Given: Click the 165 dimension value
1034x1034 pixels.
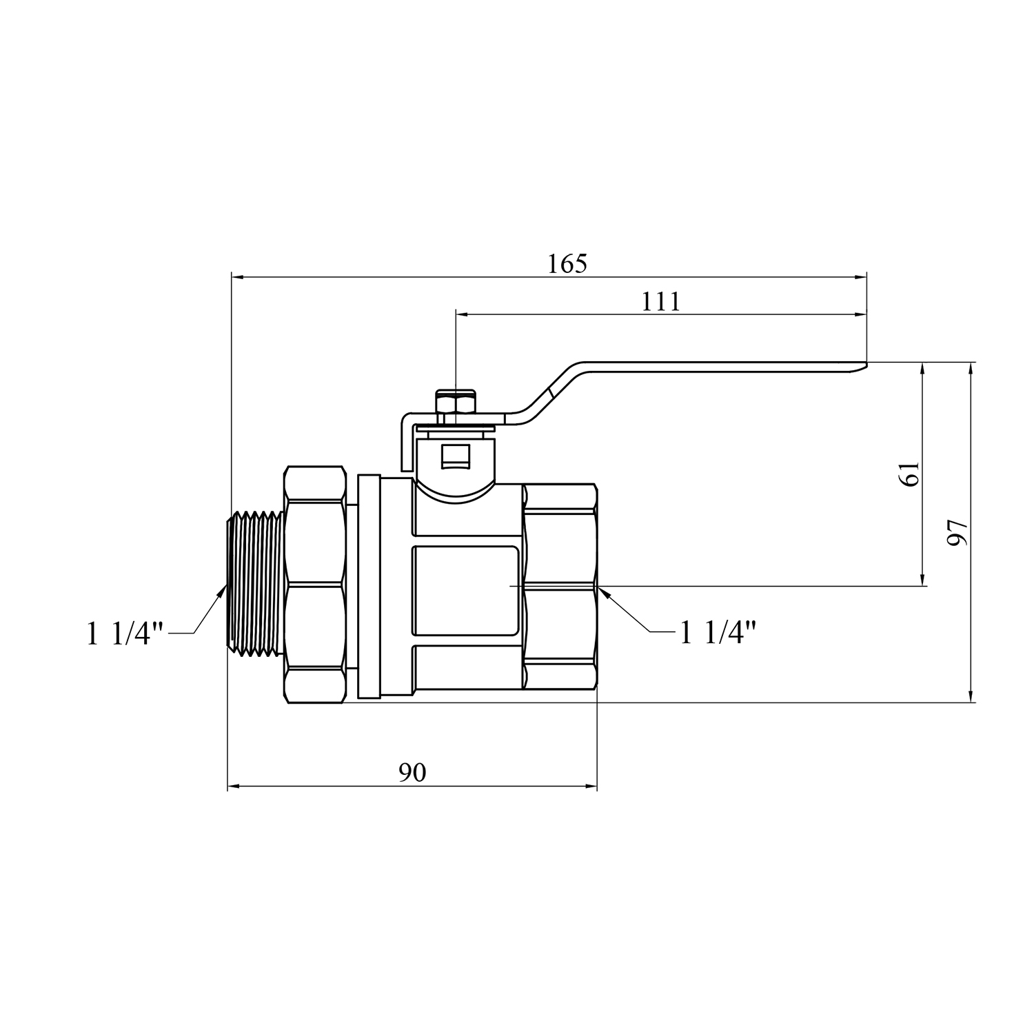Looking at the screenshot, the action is (x=567, y=263).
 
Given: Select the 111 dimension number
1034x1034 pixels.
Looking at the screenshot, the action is (x=661, y=301).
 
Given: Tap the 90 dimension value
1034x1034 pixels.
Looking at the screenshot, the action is (x=412, y=773).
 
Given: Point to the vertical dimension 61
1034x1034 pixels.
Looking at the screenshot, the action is (x=911, y=474).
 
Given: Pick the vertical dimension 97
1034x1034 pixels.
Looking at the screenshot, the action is (x=957, y=531).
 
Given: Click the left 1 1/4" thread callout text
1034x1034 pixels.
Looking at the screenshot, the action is (x=125, y=633).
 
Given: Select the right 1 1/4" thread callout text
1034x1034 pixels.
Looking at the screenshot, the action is (x=718, y=632).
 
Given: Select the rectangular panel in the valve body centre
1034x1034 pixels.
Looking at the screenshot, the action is (x=466, y=590).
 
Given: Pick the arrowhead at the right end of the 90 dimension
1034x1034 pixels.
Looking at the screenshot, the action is (x=590, y=786).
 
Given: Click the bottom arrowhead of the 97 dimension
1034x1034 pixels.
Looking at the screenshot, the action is (x=971, y=696).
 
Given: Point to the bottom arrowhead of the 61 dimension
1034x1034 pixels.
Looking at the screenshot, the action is (x=922, y=578).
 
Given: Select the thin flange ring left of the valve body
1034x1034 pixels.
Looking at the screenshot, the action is (x=369, y=587).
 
